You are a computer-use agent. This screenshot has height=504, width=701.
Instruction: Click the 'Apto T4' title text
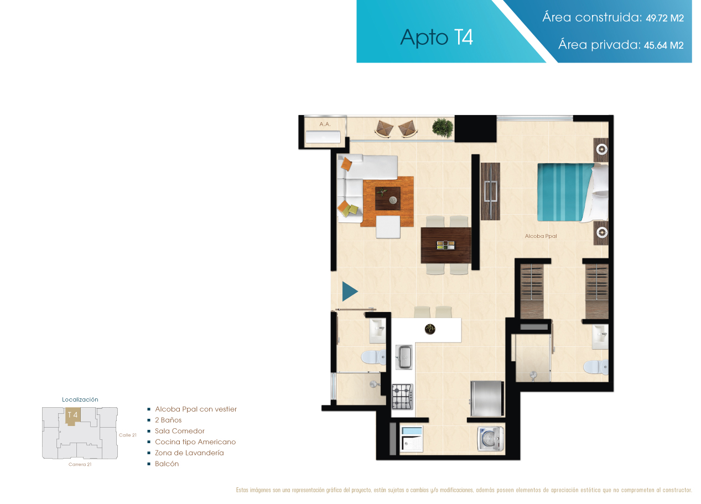pos(437,38)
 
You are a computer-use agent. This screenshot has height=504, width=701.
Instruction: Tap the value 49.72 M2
pos(665,18)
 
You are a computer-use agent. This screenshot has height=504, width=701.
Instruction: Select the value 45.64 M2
pos(664,45)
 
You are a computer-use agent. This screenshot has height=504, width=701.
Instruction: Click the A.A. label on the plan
pos(325,124)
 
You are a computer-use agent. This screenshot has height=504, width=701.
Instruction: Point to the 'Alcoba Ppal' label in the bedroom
pos(541,236)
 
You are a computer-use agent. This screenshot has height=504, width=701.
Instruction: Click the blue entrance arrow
pos(350,292)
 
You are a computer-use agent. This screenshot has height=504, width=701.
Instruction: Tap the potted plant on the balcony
pos(443,128)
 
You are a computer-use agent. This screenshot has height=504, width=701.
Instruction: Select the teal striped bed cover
pos(565,192)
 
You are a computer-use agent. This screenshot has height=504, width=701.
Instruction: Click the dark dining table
pos(446,245)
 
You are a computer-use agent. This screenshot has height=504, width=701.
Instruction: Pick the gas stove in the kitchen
pos(402,397)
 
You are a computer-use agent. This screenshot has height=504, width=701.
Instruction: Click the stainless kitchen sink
pos(404,357)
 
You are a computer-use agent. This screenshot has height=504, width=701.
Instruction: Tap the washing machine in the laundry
pos(491,439)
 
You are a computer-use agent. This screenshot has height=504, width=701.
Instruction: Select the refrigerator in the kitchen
pos(487,398)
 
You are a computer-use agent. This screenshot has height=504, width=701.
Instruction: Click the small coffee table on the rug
pos(388,199)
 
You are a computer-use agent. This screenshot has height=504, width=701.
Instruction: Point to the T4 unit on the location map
pos(72,417)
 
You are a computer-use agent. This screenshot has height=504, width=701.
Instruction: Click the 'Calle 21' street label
pos(128,435)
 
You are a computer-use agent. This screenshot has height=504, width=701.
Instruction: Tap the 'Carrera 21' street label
pos(80,465)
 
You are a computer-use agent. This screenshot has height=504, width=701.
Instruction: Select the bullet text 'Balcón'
pos(167,464)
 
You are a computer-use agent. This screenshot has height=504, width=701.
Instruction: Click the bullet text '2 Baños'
pos(168,420)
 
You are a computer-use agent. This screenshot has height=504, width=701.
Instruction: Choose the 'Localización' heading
pos(80,399)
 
